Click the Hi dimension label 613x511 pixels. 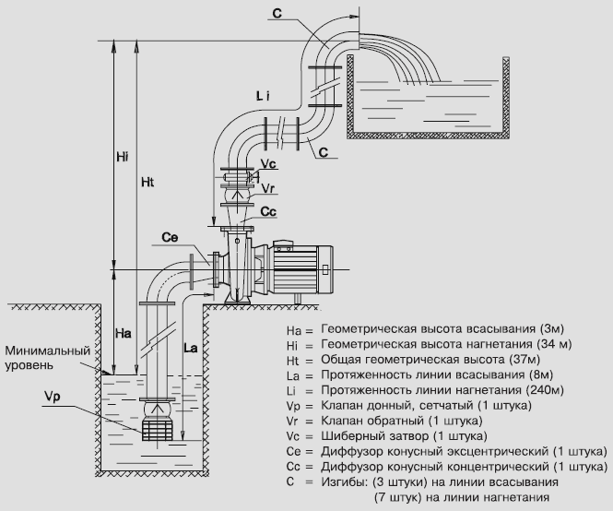point(123,157)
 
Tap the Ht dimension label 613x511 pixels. point(147,183)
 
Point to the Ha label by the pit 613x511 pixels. point(124,333)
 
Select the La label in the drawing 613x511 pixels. point(191,348)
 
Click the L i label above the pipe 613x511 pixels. point(263,96)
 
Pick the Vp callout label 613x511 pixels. point(53,397)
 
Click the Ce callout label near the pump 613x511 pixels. point(170,237)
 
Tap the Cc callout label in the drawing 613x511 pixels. point(268,211)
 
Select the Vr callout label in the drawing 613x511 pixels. point(268,188)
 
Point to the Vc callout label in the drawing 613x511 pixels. point(268,164)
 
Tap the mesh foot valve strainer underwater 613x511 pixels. point(158,430)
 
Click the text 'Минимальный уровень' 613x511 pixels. point(47,358)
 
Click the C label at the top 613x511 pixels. point(277,13)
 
